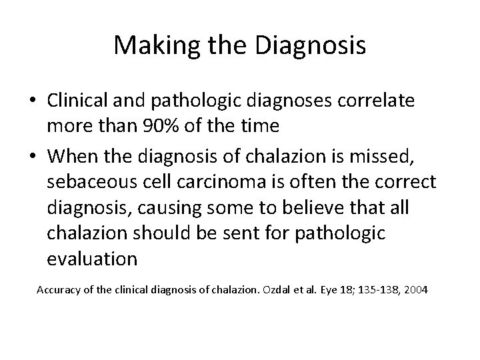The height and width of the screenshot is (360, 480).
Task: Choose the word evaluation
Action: point(93,259)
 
